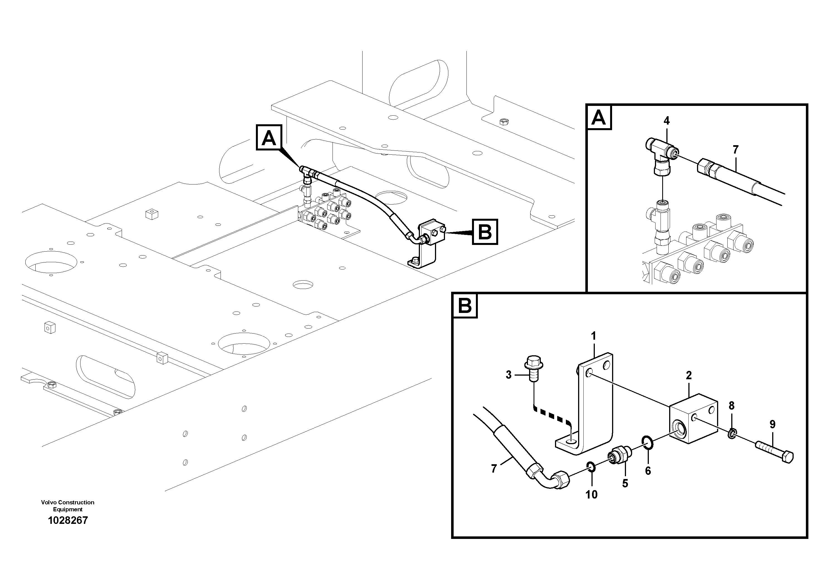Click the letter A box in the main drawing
pyautogui.click(x=269, y=138)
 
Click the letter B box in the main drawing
pyautogui.click(x=485, y=232)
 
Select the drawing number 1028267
pyautogui.click(x=68, y=520)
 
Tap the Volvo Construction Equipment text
pyautogui.click(x=68, y=505)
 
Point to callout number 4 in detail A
pyautogui.click(x=667, y=121)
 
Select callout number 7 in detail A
pyautogui.click(x=735, y=149)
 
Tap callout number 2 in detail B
pyautogui.click(x=689, y=375)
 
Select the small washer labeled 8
pyautogui.click(x=732, y=433)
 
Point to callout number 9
pyautogui.click(x=772, y=424)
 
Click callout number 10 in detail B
pyautogui.click(x=591, y=494)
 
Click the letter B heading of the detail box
pyautogui.click(x=465, y=306)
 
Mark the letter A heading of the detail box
pyautogui.click(x=599, y=117)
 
